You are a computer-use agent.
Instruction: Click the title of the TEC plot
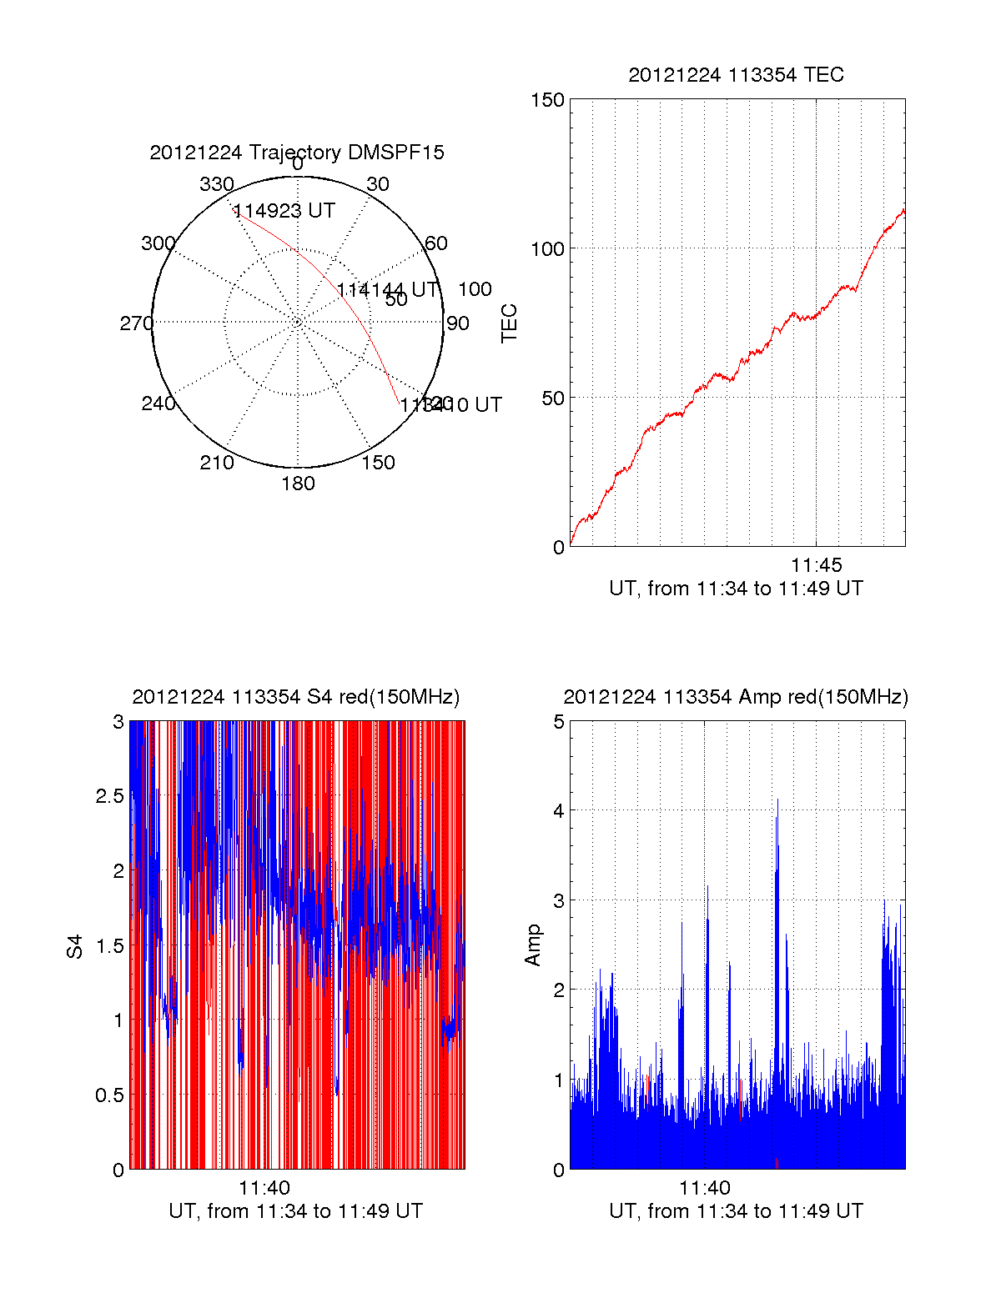pos(736,75)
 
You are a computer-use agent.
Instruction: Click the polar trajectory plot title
pos(297,153)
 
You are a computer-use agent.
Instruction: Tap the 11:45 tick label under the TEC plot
pos(816,566)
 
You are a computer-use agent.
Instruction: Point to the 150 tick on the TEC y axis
pos(547,100)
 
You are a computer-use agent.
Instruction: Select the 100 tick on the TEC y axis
pos(547,249)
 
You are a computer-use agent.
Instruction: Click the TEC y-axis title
pos(509,323)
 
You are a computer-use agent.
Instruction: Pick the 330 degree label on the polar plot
pos(216,184)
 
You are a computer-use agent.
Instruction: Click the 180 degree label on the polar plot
pos(298,484)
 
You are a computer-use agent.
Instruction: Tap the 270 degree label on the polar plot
pos(136,323)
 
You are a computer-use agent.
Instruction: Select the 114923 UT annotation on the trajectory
pos(284,211)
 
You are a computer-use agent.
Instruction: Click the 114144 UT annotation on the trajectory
pos(387,290)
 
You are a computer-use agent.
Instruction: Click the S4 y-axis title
pos(75,946)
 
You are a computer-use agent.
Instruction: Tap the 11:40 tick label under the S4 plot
pos(264,1189)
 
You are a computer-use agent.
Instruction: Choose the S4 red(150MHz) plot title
pos(296,697)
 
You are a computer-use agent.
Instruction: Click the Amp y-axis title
pos(532,945)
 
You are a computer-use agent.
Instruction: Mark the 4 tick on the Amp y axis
pos(559,811)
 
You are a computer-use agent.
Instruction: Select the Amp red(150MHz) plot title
pos(736,697)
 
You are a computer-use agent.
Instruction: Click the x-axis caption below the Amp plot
pos(736,1211)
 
